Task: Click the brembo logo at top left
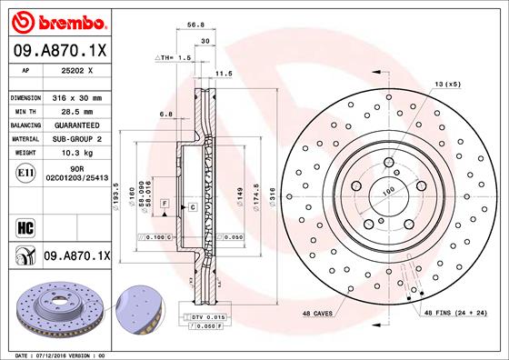[x=56, y=19]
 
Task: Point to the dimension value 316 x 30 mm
[x=76, y=97]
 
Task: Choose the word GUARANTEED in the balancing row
[x=76, y=125]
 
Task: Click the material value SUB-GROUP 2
[x=76, y=139]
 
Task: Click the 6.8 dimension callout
[x=166, y=114]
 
